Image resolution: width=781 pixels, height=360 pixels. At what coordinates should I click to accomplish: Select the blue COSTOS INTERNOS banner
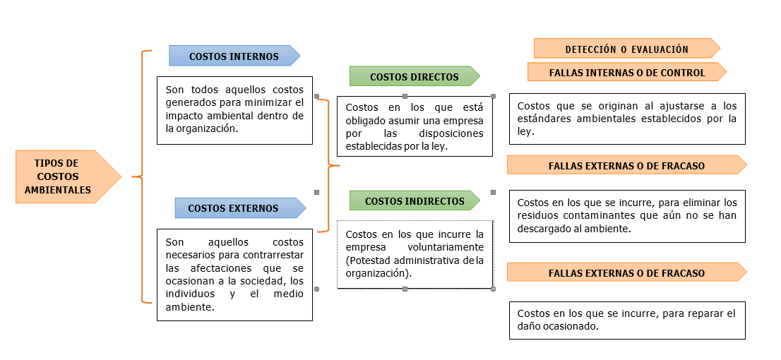234,56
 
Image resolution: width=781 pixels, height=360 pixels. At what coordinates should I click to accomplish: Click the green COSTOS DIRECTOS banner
414,77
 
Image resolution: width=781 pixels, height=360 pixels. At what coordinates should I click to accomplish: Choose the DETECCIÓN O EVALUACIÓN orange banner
626,49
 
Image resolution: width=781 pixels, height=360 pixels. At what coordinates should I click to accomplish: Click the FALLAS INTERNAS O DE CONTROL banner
626,73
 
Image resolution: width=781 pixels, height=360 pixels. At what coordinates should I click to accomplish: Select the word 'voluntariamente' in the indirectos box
446,247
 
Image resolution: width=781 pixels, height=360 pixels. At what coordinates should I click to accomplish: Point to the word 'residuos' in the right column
535,215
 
